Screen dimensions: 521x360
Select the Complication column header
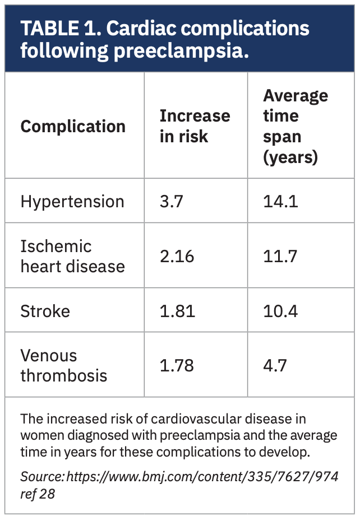73,126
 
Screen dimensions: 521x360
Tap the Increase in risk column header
195,126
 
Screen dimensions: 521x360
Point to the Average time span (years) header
296,126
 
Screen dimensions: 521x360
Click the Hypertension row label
72,202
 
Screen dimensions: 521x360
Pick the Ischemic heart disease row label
72,256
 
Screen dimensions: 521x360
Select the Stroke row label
45,311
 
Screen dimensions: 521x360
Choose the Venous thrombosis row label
63,365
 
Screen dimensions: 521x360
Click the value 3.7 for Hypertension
172,202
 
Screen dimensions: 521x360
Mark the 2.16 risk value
177,257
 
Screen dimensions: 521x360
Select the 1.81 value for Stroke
177,311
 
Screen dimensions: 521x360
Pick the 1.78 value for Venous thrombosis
177,366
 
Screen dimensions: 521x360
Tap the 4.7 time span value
275,366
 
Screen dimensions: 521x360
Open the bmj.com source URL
202,476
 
